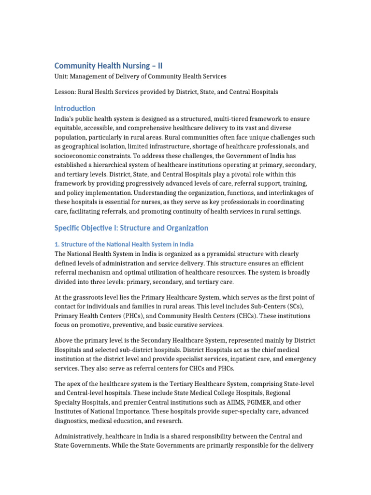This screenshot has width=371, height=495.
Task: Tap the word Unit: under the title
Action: click(62, 76)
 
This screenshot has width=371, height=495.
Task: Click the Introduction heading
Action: click(74, 108)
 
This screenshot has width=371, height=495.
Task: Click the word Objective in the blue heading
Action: click(100, 228)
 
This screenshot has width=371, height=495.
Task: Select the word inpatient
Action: click(226, 359)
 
